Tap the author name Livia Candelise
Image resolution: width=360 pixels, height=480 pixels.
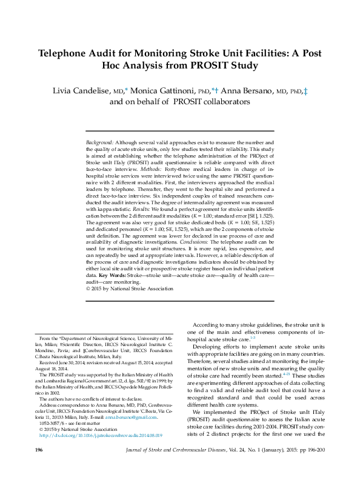79,91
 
